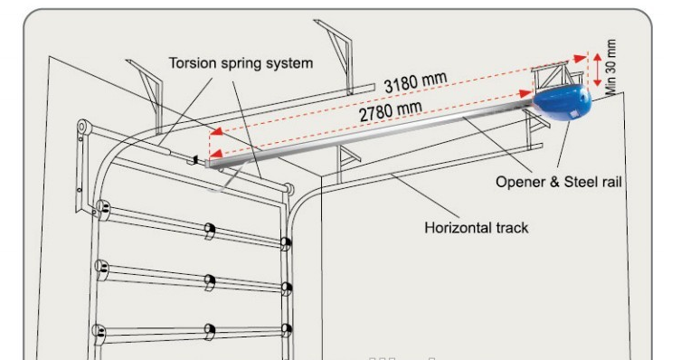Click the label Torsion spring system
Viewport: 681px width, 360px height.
click(241, 63)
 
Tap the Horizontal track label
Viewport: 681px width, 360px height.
click(476, 227)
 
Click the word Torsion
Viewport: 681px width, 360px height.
click(192, 63)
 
